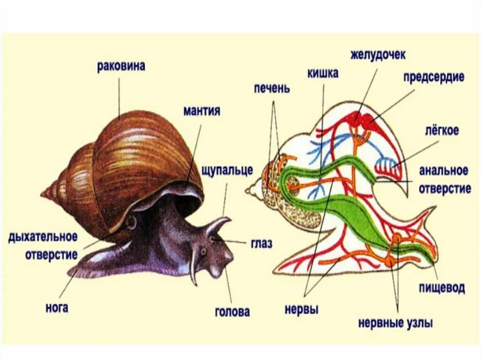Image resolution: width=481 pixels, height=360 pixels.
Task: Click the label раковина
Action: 121,66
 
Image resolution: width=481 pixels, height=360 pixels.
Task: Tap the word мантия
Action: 202,111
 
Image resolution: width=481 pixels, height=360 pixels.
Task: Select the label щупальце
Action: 227,170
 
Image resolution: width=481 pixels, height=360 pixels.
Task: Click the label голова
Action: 232,311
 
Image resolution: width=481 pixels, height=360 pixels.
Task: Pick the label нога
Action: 57,308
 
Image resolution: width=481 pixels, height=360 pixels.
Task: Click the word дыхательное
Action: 42,237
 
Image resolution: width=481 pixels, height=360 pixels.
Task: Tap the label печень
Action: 272,88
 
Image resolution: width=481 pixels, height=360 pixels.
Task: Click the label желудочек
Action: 378,54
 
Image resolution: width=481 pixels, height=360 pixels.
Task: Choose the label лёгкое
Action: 442,130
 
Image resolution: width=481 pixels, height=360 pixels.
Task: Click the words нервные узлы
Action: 395,323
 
